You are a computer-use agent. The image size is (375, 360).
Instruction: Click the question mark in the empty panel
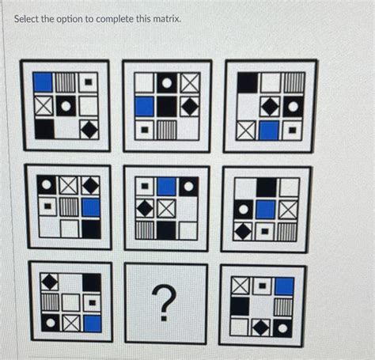pyautogui.click(x=165, y=303)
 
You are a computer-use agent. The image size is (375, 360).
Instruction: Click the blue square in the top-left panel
pyautogui.click(x=43, y=81)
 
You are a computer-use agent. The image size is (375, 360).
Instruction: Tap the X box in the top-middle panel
pyautogui.click(x=190, y=82)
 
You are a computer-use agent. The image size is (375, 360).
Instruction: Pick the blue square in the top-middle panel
pyautogui.click(x=144, y=106)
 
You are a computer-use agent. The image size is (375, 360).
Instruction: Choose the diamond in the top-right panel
pyautogui.click(x=271, y=105)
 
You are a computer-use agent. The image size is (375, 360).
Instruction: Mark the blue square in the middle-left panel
pyautogui.click(x=91, y=207)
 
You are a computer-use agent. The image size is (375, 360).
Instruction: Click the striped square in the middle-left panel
pyautogui.click(x=70, y=207)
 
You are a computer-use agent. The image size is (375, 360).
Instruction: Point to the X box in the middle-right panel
pyautogui.click(x=289, y=210)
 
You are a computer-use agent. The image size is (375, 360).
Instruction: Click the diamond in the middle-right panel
pyautogui.click(x=244, y=232)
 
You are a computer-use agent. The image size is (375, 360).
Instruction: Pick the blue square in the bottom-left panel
pyautogui.click(x=93, y=323)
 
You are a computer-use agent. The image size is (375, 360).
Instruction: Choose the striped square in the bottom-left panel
pyautogui.click(x=50, y=301)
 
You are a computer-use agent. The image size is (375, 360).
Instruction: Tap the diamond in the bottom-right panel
pyautogui.click(x=261, y=327)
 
